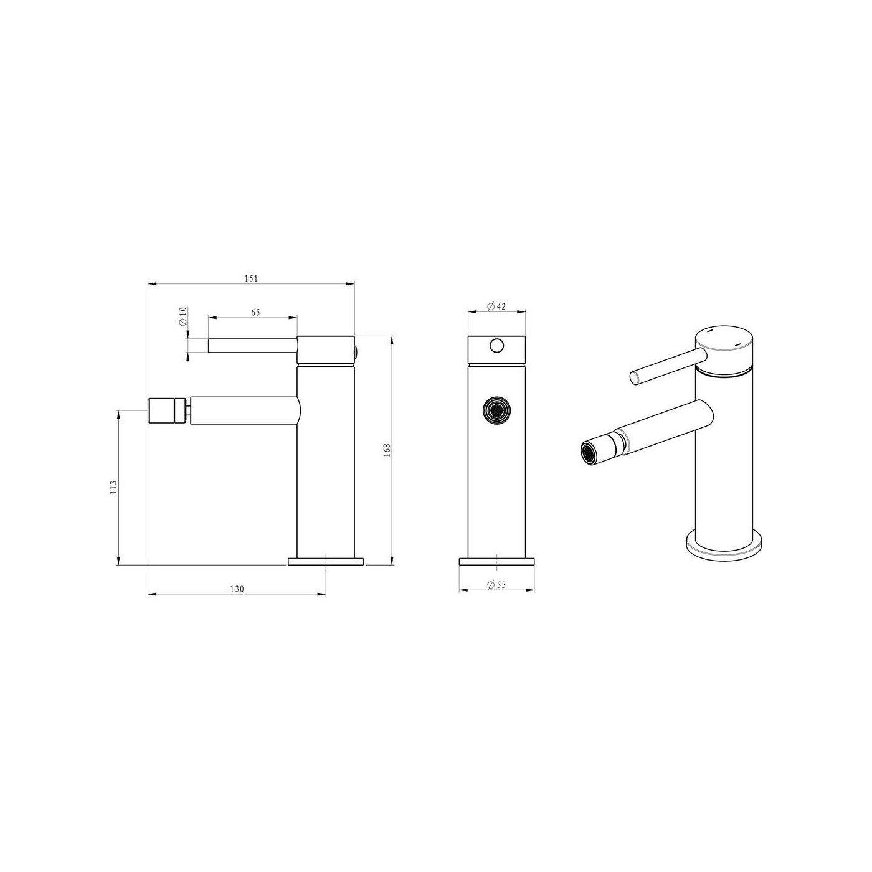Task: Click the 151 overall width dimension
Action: pyautogui.click(x=251, y=278)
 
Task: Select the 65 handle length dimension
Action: pyautogui.click(x=255, y=312)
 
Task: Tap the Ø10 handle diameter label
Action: pyautogui.click(x=183, y=316)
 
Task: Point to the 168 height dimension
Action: pyautogui.click(x=387, y=450)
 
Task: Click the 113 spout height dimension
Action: pyautogui.click(x=113, y=487)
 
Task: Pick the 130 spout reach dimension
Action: pyautogui.click(x=237, y=589)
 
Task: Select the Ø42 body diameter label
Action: pyautogui.click(x=496, y=306)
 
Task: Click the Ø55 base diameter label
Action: pyautogui.click(x=496, y=585)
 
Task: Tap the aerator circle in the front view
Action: pyautogui.click(x=496, y=410)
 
